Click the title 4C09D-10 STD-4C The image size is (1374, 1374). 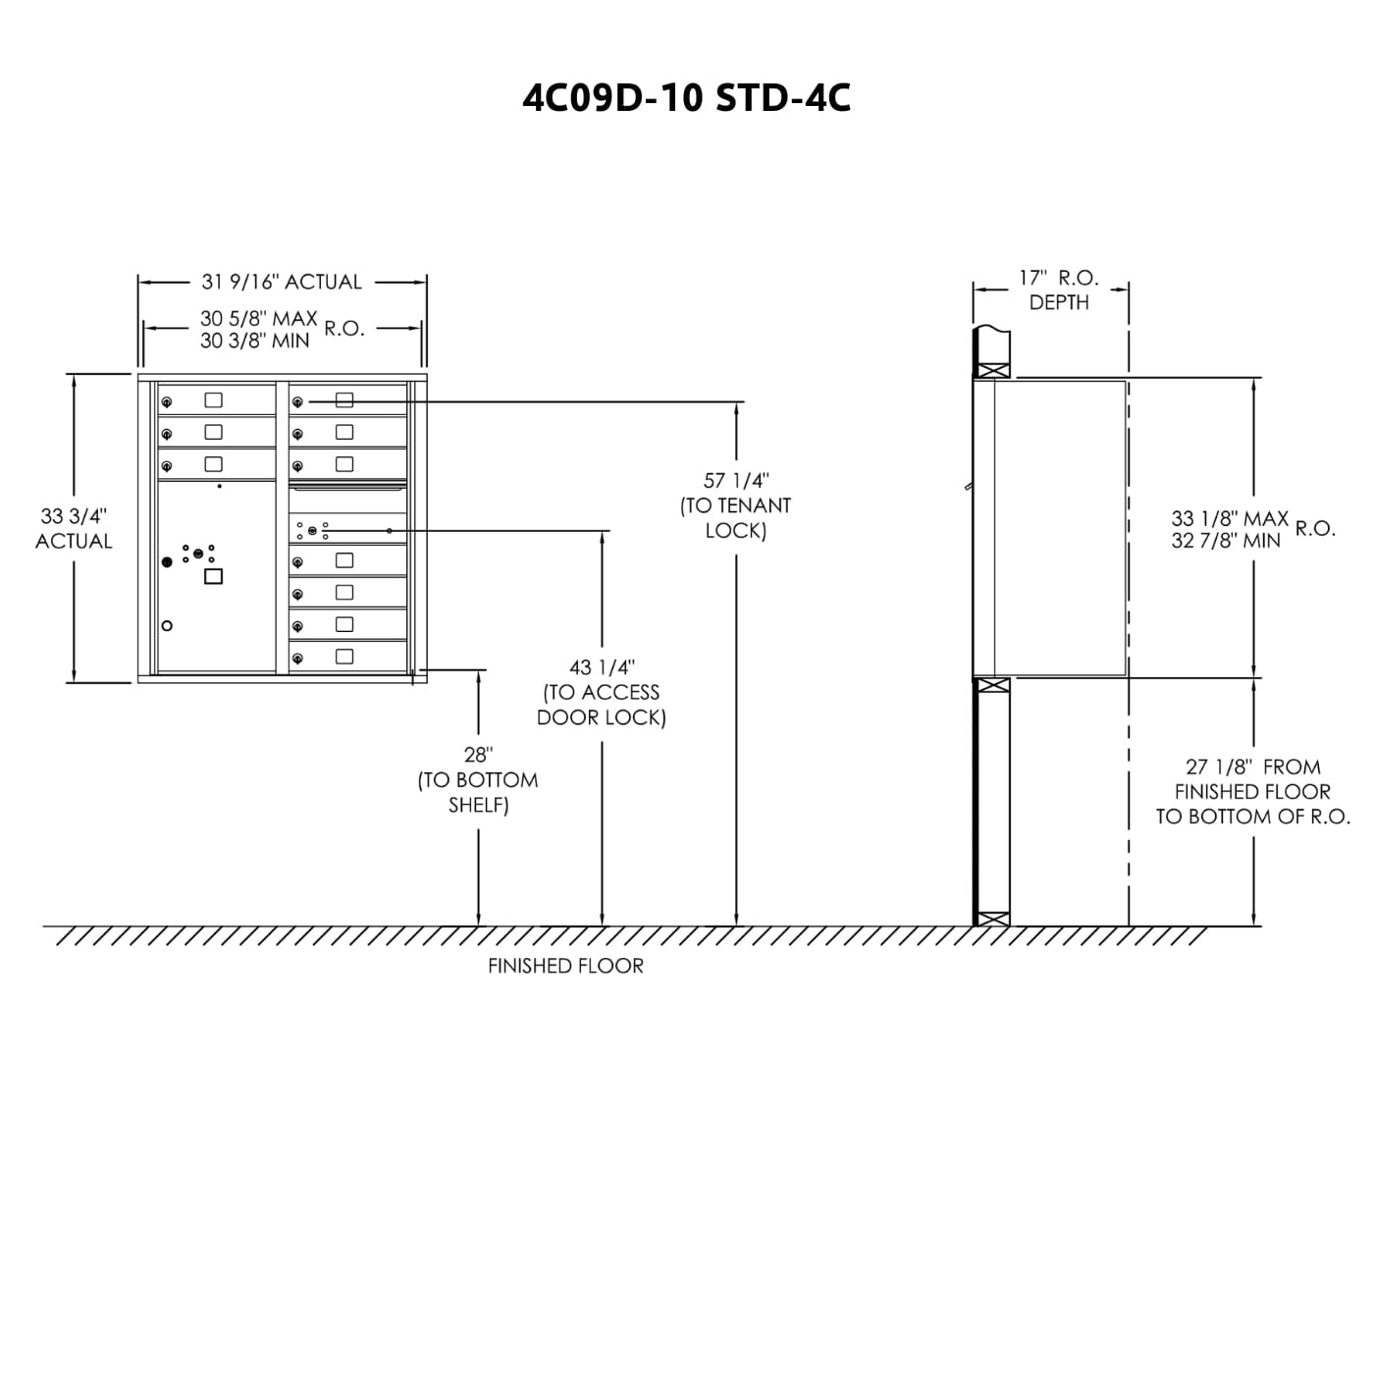686,97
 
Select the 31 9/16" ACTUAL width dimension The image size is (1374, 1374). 282,282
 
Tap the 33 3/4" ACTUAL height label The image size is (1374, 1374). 74,528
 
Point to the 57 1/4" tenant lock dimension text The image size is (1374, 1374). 735,505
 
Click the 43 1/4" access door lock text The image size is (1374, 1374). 602,692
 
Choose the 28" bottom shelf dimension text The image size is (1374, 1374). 478,779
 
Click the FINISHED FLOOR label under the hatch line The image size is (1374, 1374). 565,966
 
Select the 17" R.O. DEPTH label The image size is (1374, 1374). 1058,290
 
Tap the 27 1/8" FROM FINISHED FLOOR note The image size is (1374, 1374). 1252,791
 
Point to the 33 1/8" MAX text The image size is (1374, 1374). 1229,518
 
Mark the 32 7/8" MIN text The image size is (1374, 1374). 1226,541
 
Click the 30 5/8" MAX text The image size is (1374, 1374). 258,319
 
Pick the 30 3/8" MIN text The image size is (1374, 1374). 254,342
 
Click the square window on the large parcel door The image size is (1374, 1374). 213,576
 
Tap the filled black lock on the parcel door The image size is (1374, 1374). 167,561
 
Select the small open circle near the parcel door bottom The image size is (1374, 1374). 167,626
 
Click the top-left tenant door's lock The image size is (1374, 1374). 167,401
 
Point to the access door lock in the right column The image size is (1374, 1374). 312,531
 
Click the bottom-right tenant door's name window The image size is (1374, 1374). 344,657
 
